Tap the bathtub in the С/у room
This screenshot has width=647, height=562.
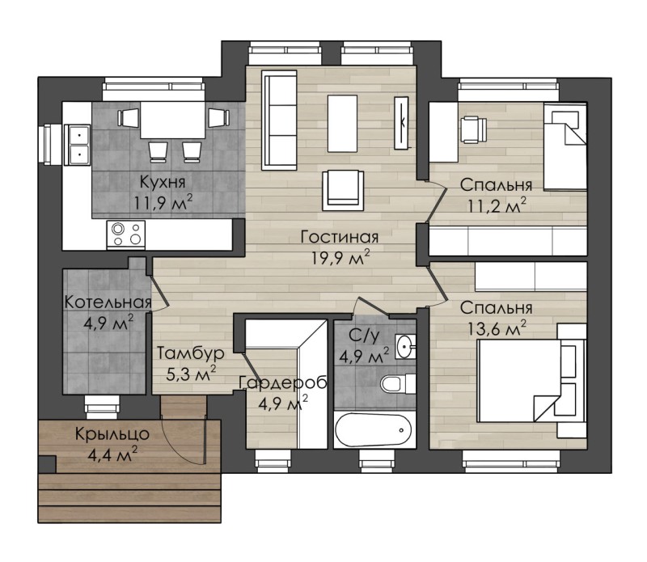point(374,430)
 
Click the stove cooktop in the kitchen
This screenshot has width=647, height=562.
point(126,235)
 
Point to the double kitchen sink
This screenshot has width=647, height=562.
point(77,145)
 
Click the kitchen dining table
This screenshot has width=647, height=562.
point(172,120)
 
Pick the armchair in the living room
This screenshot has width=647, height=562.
point(343,190)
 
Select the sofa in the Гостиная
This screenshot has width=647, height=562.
point(279,120)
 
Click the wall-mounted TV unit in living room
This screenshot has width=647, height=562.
point(401,123)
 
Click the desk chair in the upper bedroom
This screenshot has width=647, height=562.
point(473,129)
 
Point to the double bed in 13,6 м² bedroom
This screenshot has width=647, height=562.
point(531,380)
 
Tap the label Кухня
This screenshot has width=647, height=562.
point(163,182)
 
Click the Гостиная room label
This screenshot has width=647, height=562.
point(339,237)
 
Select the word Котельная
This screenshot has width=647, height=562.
point(108,302)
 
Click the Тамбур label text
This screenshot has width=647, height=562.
point(191,353)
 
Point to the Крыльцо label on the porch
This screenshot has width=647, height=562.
point(112,434)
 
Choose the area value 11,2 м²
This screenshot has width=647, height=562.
point(497,205)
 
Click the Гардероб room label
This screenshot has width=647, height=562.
point(283,382)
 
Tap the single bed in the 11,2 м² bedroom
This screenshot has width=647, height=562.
point(565,146)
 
